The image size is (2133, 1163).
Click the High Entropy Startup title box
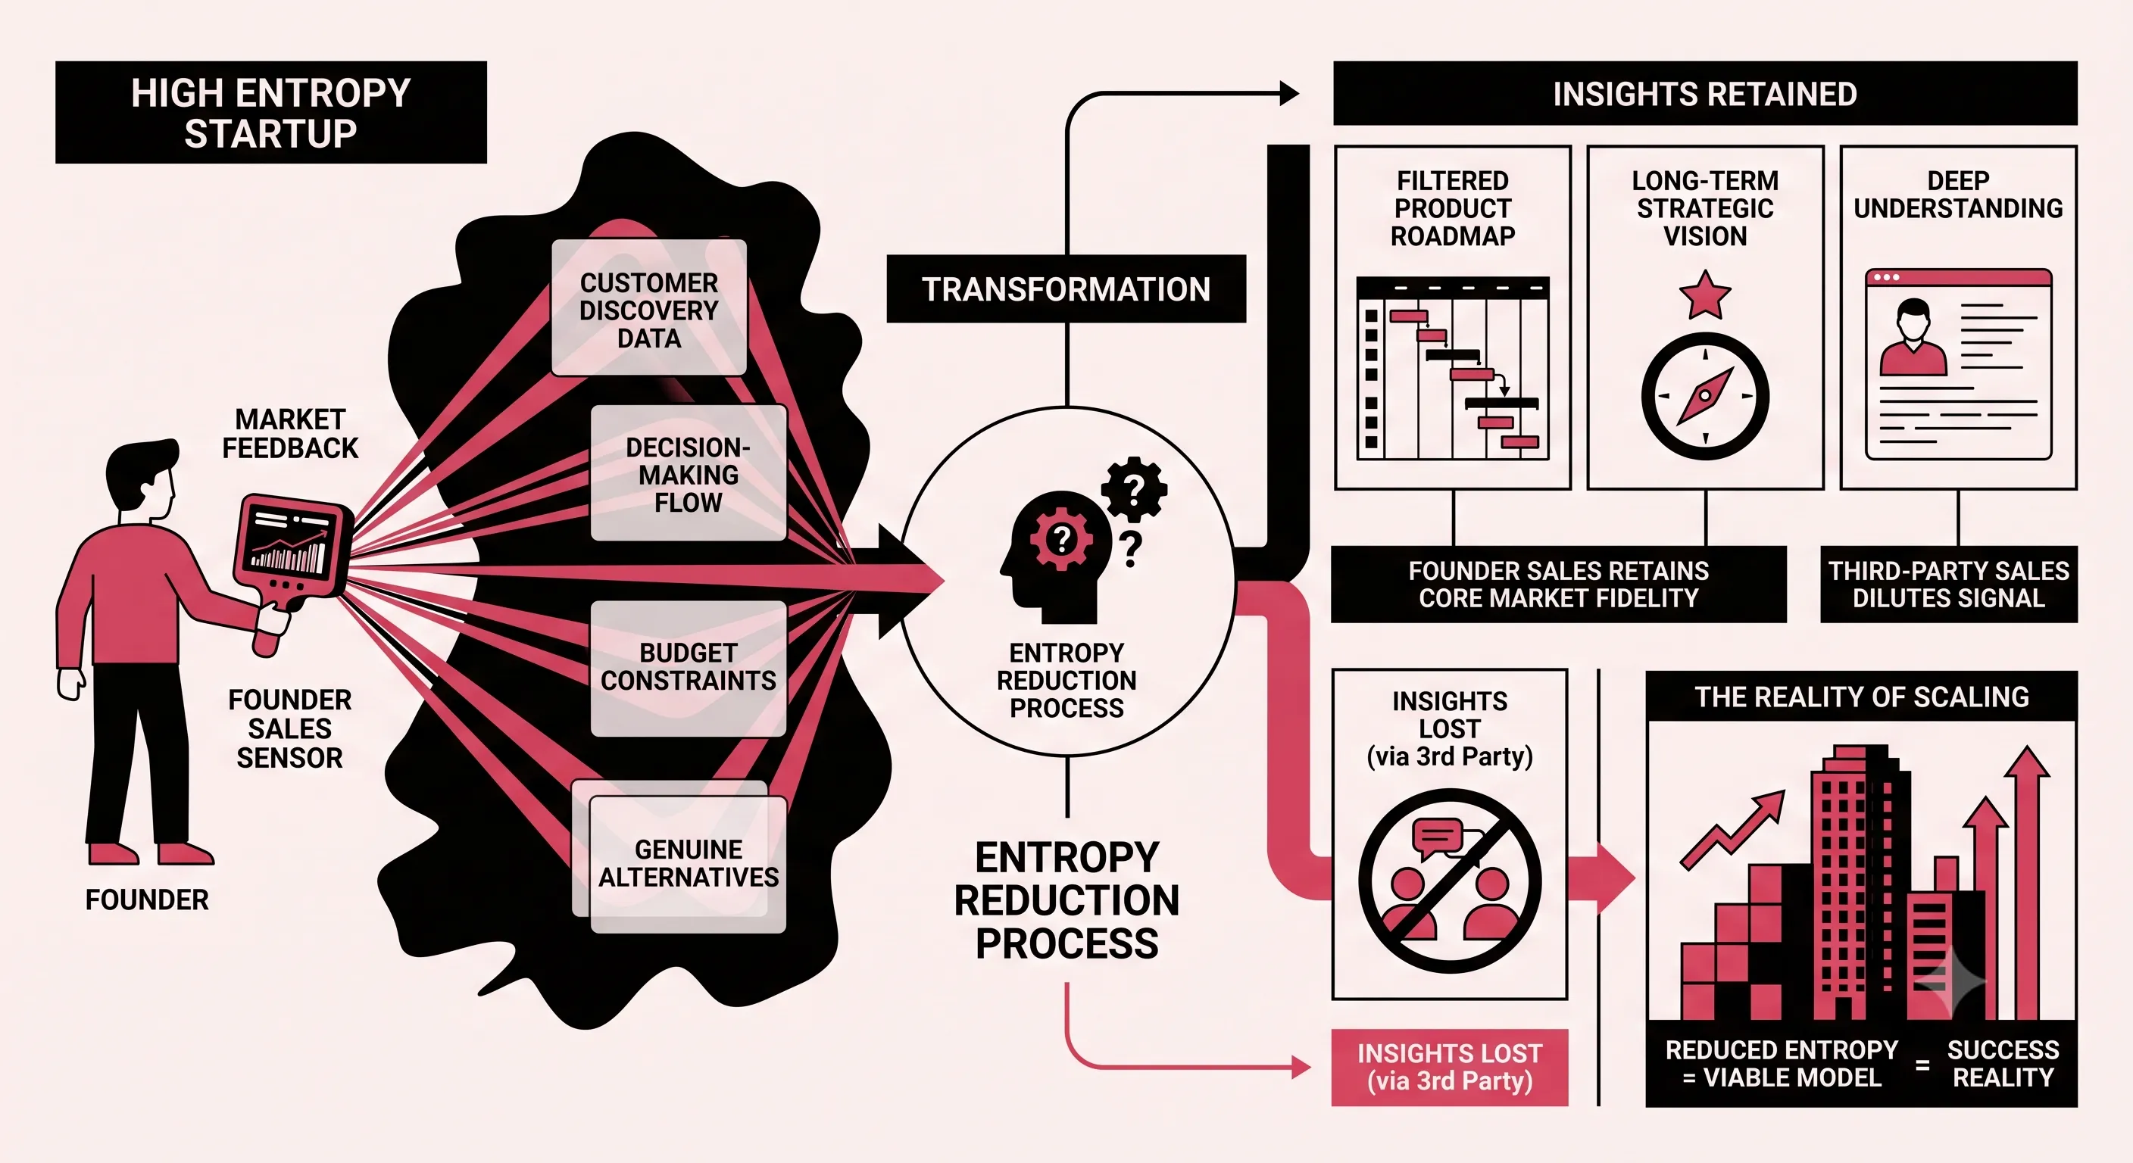pos(270,112)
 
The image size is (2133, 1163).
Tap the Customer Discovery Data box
pos(649,308)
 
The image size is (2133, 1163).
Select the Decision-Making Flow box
pos(688,473)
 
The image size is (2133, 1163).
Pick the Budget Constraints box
pos(688,668)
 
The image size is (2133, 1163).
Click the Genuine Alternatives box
pos(687,863)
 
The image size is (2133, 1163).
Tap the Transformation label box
pos(1066,289)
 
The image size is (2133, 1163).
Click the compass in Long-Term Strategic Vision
pos(1705,396)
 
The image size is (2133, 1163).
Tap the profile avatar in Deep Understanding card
pos(1913,338)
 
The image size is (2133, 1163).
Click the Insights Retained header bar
pos(1705,94)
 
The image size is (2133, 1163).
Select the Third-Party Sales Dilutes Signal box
pos(1948,585)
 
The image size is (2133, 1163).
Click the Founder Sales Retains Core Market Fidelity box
pos(1558,585)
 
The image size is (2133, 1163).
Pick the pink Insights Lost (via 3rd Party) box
pos(1449,1068)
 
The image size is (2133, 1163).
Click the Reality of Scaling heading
pos(1861,697)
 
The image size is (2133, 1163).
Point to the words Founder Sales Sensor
pos(290,728)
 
